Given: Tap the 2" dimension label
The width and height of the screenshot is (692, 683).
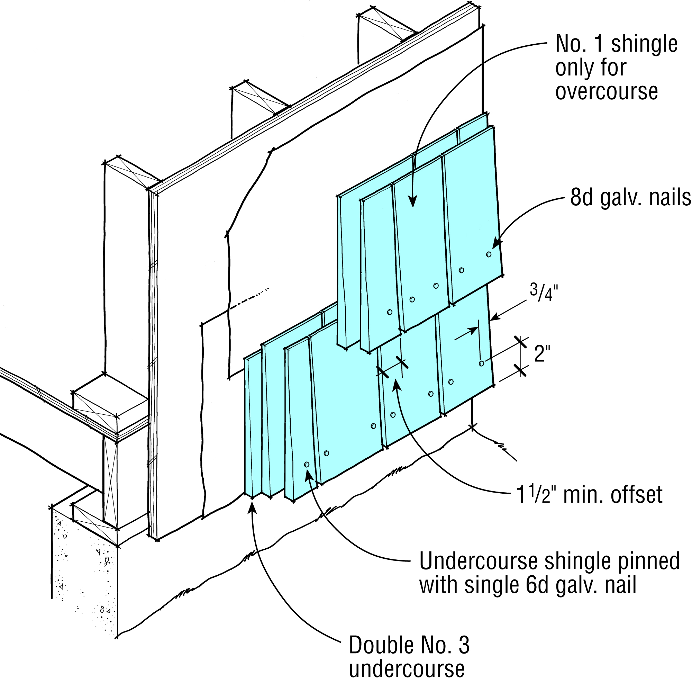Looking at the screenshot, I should pos(542,354).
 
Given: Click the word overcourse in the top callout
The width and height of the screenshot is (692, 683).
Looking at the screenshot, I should pos(607,91).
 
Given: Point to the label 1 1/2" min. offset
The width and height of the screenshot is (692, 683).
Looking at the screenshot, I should pos(589,495).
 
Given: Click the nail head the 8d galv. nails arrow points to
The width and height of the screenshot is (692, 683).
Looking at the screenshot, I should pos(489,254).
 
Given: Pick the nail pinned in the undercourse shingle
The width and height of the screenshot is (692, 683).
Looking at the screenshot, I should pos(307,465).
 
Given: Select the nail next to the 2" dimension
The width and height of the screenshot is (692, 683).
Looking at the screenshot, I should pos(481,363).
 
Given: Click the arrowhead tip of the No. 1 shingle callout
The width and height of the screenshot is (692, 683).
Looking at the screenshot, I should pos(413,206).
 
